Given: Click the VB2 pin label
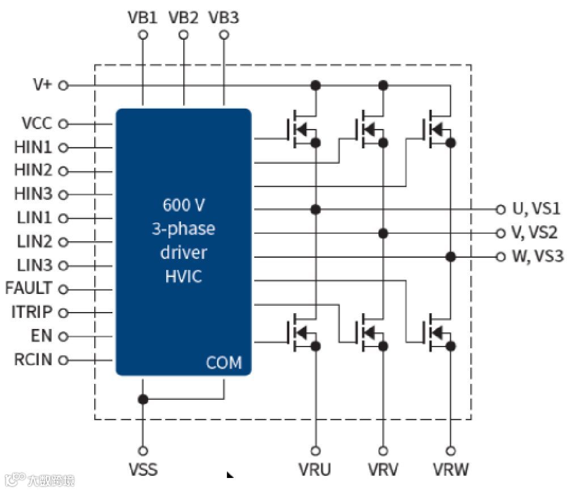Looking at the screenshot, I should point(183,18).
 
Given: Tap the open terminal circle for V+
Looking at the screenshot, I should point(64,86).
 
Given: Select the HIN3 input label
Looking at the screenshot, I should point(33,194).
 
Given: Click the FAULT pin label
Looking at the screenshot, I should point(28,288).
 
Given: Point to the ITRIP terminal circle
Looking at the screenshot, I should point(64,313).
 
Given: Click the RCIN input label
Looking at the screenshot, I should point(33,360).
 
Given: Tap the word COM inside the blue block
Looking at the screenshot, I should point(223,362).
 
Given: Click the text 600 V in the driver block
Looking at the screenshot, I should point(183,204).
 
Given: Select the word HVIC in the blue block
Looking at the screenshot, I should point(183,277).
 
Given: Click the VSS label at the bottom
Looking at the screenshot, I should point(143,469).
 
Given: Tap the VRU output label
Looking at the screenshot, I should point(315,469).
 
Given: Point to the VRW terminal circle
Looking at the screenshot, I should point(451,451).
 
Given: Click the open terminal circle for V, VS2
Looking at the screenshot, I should point(500,233).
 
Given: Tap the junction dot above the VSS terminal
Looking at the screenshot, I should point(143,399).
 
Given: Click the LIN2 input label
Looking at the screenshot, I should point(34,242).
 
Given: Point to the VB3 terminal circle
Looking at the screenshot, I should point(224,35).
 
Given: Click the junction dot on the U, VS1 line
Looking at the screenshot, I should point(316,210).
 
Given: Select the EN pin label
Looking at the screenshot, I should point(41,336).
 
